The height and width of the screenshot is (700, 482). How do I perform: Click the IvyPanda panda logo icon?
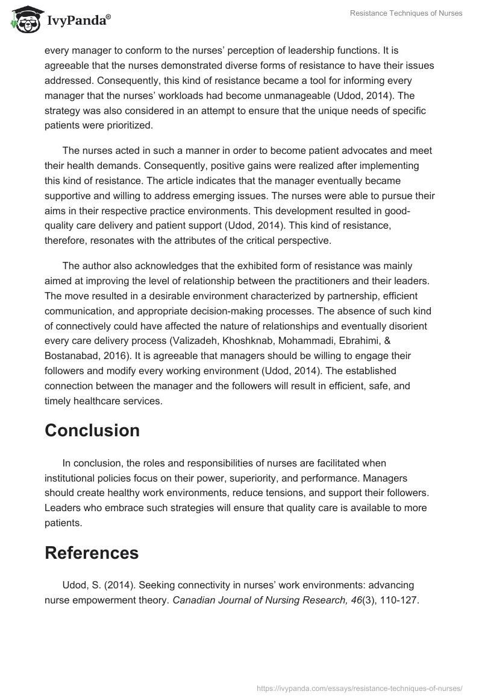pos(24,20)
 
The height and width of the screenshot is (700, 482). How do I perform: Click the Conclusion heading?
pos(92,430)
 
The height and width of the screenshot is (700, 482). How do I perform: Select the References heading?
pos(92,553)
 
